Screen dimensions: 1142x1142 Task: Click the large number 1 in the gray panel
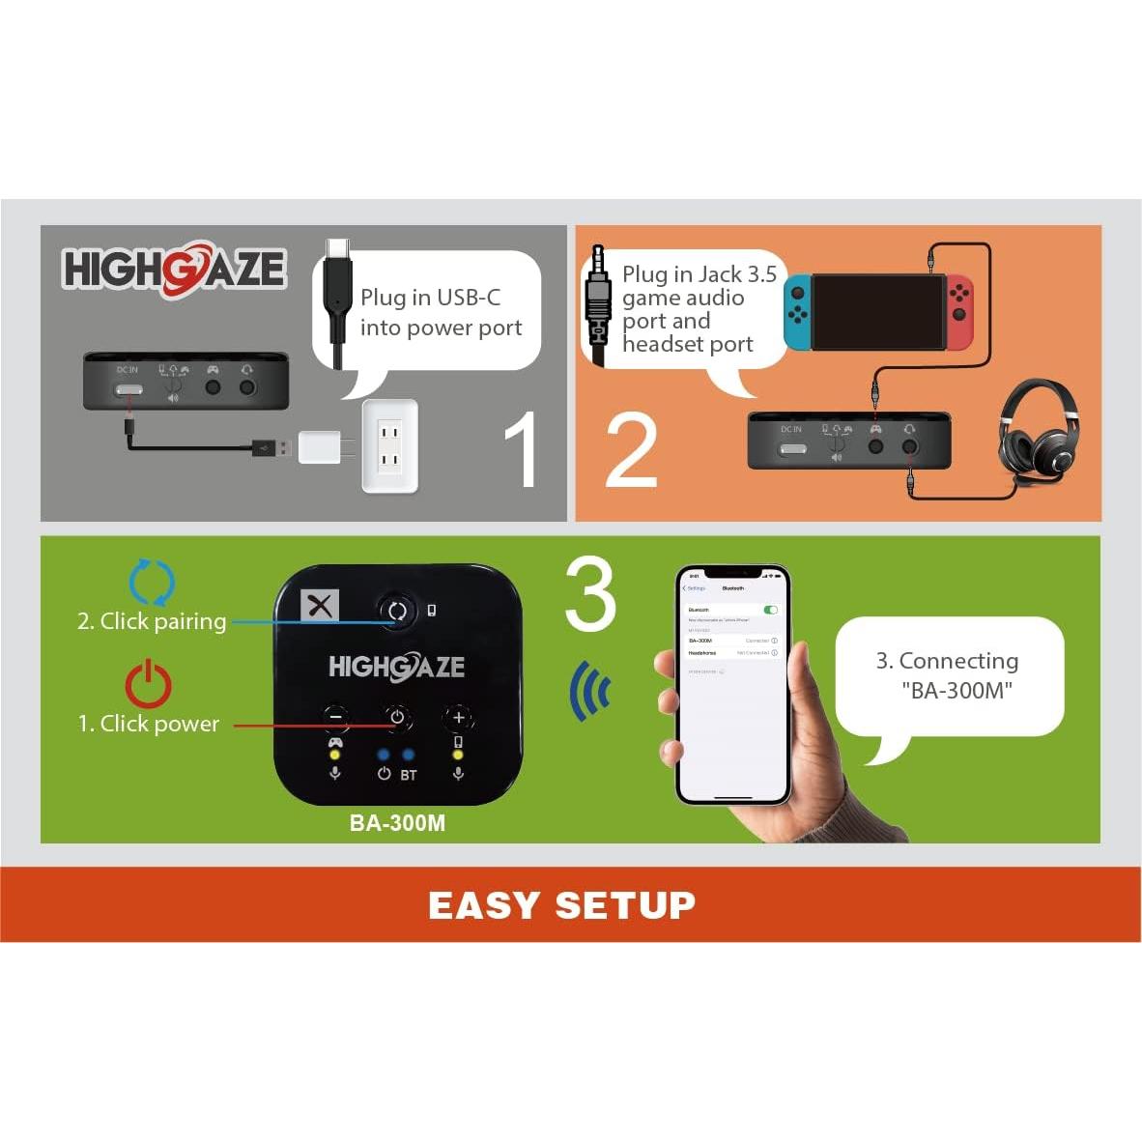(523, 448)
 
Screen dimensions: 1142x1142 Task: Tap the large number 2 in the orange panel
(631, 450)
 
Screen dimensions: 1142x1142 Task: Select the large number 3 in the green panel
(589, 594)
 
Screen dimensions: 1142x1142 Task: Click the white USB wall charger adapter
(320, 447)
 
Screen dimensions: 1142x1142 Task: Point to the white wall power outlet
(389, 445)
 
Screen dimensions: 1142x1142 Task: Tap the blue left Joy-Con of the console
(797, 313)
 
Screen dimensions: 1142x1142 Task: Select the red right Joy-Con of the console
(959, 313)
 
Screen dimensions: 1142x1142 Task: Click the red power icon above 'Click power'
(148, 684)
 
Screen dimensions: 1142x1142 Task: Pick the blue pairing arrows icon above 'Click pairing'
(152, 583)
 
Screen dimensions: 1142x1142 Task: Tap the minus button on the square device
(335, 717)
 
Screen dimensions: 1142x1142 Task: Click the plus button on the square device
(458, 717)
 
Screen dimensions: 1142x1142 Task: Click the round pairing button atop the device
(396, 611)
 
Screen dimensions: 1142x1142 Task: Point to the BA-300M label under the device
(397, 823)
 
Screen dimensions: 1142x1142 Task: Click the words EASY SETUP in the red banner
(561, 905)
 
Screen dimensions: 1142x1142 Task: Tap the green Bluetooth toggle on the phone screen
(770, 610)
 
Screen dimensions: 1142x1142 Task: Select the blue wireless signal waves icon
(590, 692)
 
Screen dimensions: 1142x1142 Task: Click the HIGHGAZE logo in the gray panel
(174, 269)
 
